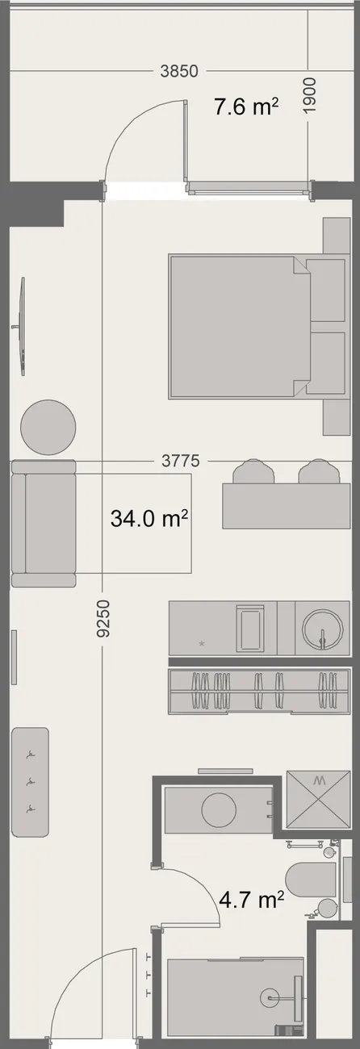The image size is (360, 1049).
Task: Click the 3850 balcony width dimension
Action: point(179,71)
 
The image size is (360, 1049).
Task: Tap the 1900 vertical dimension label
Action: point(310,96)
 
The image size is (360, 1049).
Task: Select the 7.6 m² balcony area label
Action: point(246,107)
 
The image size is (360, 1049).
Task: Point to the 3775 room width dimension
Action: point(181,461)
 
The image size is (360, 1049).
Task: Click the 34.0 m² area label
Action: point(149,518)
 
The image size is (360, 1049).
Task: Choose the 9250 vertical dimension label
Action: point(103,619)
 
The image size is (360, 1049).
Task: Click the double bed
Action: point(240,327)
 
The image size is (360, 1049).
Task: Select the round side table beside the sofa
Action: point(48,427)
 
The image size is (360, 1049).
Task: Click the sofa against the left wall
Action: point(44,524)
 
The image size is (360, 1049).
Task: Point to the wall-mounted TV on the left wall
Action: point(21,326)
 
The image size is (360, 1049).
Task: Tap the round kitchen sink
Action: point(321,628)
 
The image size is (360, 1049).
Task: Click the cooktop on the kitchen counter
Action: point(251,628)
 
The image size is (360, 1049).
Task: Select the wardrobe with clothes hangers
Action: point(259,690)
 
